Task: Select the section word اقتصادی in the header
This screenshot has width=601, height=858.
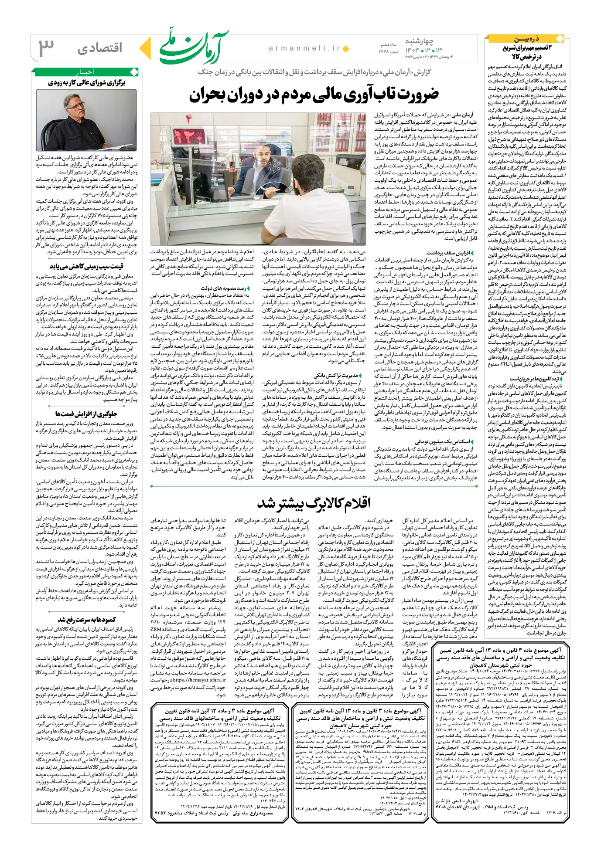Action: pyautogui.click(x=100, y=48)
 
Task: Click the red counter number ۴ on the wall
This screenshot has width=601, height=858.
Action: pyautogui.click(x=188, y=119)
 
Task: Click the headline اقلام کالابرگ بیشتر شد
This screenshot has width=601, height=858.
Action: pyautogui.click(x=314, y=503)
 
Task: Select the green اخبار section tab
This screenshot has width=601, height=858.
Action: pyautogui.click(x=85, y=72)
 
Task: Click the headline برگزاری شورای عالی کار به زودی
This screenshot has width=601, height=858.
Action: pyautogui.click(x=86, y=82)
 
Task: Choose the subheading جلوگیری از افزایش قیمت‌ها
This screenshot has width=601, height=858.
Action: pyautogui.click(x=86, y=414)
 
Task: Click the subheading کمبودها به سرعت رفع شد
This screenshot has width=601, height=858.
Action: pyautogui.click(x=87, y=620)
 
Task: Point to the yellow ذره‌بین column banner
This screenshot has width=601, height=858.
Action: pyautogui.click(x=527, y=39)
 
